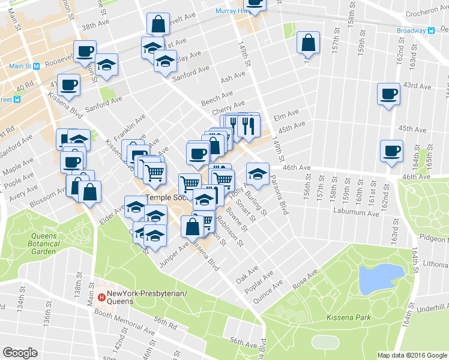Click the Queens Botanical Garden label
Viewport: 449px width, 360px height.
coord(43,239)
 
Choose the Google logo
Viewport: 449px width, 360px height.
coord(20,353)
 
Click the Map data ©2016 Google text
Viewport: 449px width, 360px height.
coord(412,355)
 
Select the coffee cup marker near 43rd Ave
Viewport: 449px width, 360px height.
coord(388,94)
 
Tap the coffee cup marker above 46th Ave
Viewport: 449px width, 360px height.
coord(391,151)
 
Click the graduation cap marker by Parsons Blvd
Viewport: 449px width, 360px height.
coord(258,174)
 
